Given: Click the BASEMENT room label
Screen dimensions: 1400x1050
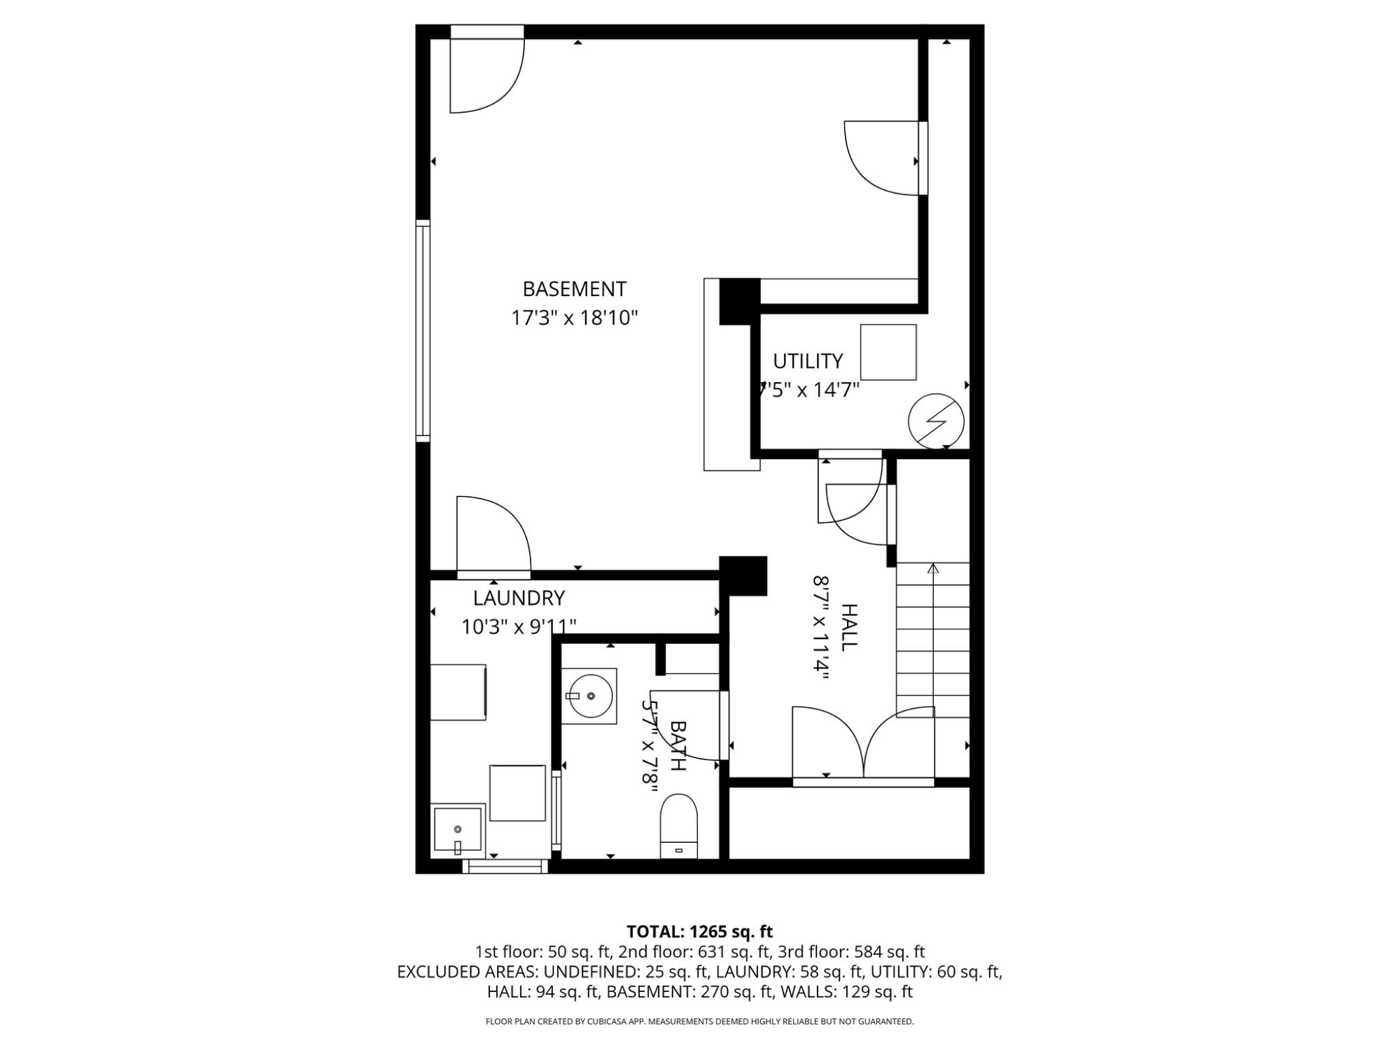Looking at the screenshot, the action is point(574,289).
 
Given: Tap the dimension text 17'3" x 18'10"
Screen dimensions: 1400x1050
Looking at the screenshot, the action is point(574,318).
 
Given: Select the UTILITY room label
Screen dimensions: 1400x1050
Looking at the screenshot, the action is point(807,360).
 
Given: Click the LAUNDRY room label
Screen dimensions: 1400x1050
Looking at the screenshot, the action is point(519,598).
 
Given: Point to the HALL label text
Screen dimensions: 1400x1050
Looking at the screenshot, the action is point(848,627).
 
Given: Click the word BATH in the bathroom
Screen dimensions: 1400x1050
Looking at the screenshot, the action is point(677,745).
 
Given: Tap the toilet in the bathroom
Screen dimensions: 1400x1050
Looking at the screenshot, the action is point(679,826).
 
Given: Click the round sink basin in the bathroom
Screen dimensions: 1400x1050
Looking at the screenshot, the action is point(589,695).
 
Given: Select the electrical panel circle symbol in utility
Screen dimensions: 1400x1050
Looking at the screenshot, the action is point(936,421).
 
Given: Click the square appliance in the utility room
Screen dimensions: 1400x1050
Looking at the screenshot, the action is point(888,352).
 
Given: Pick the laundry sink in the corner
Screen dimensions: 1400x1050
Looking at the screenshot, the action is point(457,831).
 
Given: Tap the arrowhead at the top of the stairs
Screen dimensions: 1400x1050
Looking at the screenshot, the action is point(933,568).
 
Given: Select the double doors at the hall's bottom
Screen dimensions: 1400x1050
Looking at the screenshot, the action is point(863,745).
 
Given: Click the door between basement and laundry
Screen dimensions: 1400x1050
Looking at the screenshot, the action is point(494,537).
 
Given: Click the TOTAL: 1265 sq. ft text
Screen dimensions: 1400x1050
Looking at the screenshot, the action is point(700,932).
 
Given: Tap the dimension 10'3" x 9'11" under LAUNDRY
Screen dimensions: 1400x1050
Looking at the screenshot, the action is point(519,626).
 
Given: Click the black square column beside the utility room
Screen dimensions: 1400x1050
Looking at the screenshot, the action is point(740,301).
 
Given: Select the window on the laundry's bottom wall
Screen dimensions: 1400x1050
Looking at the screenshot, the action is point(505,866).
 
